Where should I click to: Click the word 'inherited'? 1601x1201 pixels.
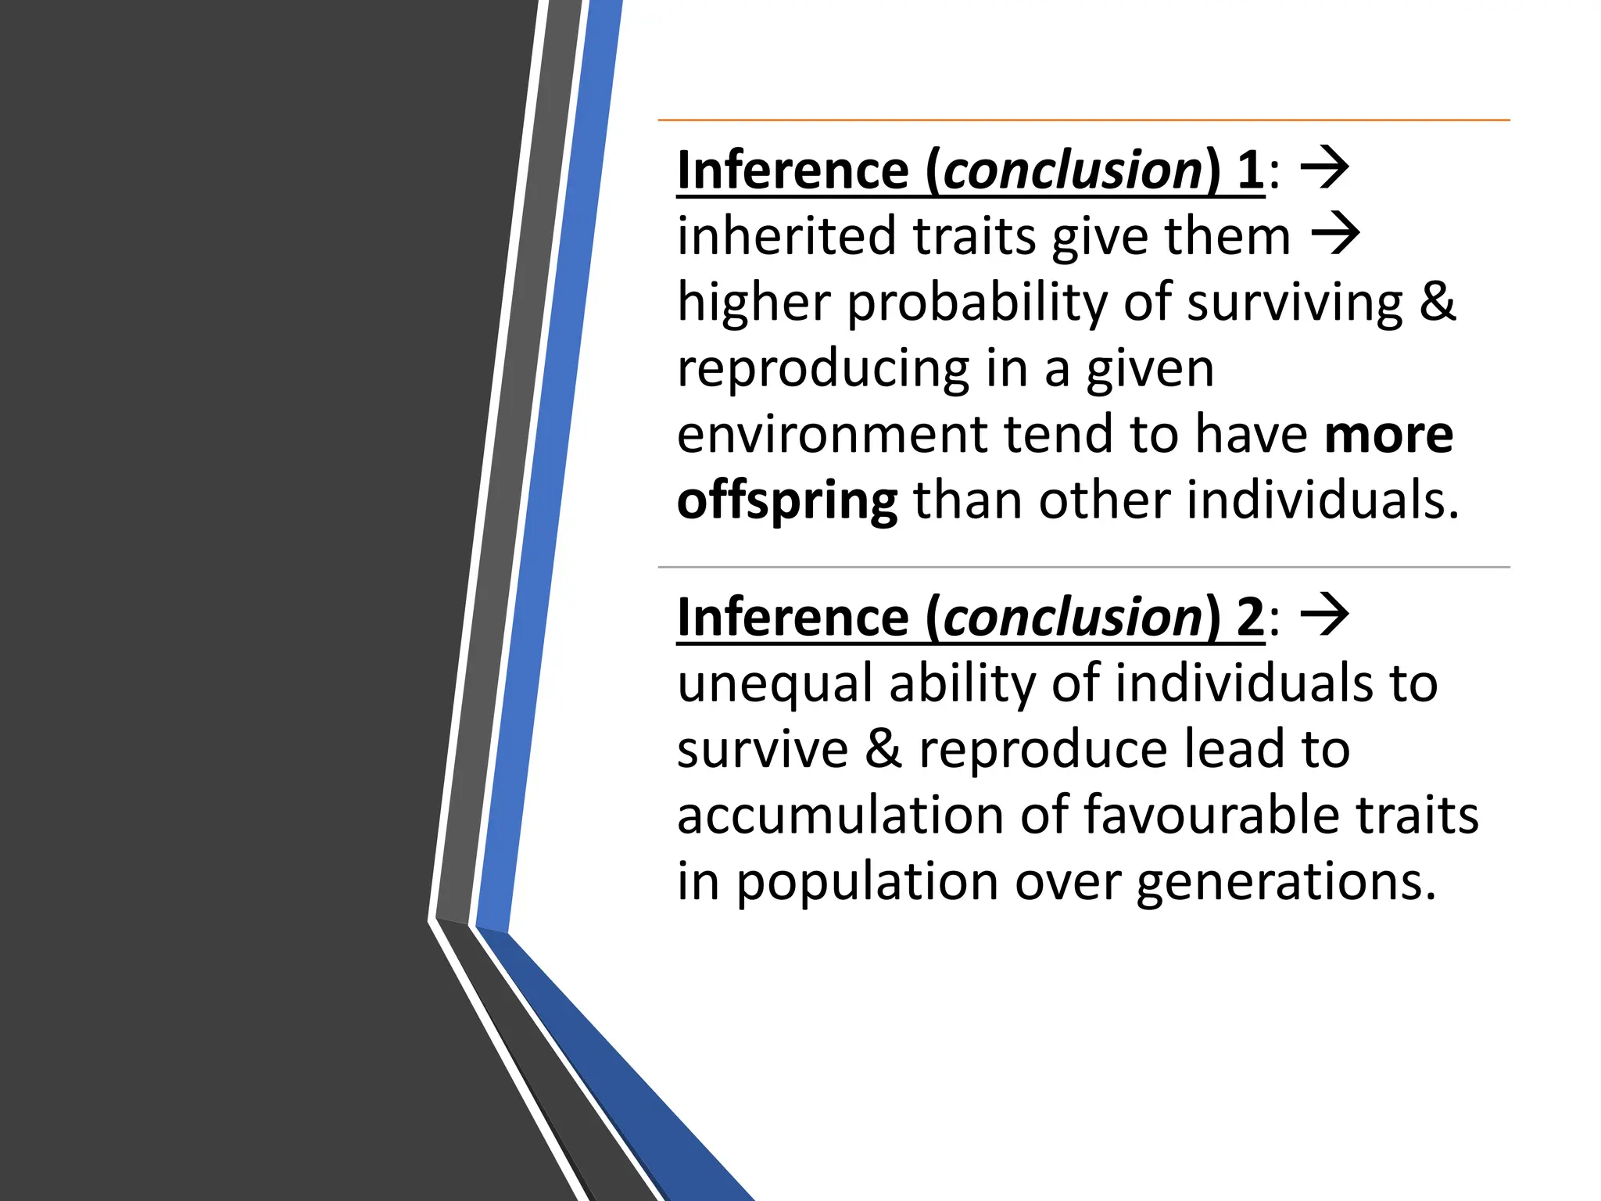[786, 237]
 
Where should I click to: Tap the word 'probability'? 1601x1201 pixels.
[976, 303]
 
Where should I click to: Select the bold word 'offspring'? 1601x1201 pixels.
[786, 501]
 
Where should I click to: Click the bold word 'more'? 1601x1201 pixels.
[1388, 435]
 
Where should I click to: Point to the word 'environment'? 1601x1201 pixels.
[832, 435]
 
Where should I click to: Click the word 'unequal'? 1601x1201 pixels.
[774, 684]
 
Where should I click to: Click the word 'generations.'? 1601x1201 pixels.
[1286, 882]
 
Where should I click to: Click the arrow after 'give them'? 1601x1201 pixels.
[1335, 233]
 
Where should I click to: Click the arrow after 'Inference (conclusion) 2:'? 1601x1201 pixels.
[1324, 615]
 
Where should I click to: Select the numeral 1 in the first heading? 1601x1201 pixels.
[1250, 170]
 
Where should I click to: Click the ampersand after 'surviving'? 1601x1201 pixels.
[1437, 303]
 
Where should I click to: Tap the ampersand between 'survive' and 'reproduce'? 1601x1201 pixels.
[883, 749]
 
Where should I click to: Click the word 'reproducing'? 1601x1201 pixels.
[822, 369]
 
